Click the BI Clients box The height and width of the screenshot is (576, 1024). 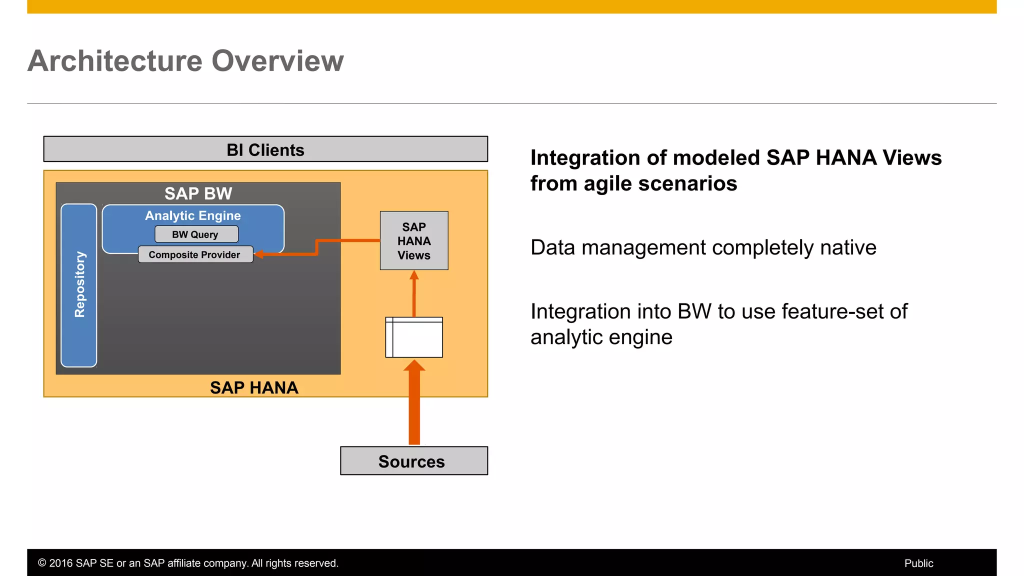tap(265, 149)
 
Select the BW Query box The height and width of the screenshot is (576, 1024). tap(196, 234)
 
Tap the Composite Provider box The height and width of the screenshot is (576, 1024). tap(195, 254)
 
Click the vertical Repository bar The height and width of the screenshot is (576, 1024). tap(79, 285)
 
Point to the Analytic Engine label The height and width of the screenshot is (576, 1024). tap(193, 215)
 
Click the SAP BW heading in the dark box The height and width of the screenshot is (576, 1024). tap(198, 193)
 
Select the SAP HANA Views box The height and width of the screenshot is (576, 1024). tap(414, 241)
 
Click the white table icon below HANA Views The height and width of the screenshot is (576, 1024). tap(414, 337)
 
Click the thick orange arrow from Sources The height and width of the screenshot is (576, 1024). tap(414, 405)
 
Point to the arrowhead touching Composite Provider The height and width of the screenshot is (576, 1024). tap(259, 254)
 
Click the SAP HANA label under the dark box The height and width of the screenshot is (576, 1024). tap(254, 387)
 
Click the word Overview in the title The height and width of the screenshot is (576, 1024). tap(277, 61)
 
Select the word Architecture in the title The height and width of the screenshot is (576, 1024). tap(115, 61)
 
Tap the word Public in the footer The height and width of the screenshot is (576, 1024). tap(918, 563)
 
